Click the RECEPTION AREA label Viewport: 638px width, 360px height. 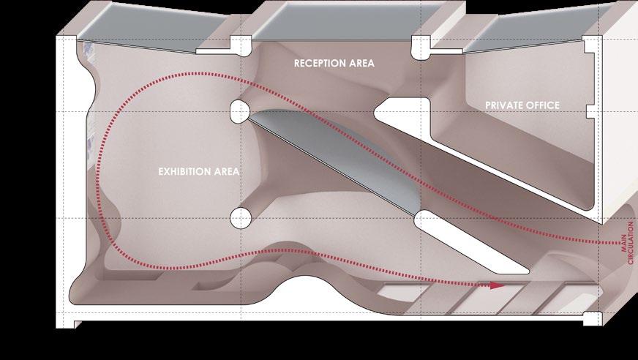pyautogui.click(x=334, y=64)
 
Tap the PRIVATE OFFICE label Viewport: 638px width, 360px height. pyautogui.click(x=522, y=105)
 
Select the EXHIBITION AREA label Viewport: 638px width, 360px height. pyautogui.click(x=199, y=172)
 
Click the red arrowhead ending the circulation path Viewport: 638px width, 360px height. pyautogui.click(x=498, y=285)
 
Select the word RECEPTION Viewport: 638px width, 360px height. pyautogui.click(x=319, y=64)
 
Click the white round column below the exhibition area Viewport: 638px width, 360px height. pyautogui.click(x=241, y=217)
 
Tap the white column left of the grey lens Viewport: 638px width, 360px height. pyautogui.click(x=239, y=111)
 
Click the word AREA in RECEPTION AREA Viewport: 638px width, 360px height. pyautogui.click(x=360, y=64)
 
